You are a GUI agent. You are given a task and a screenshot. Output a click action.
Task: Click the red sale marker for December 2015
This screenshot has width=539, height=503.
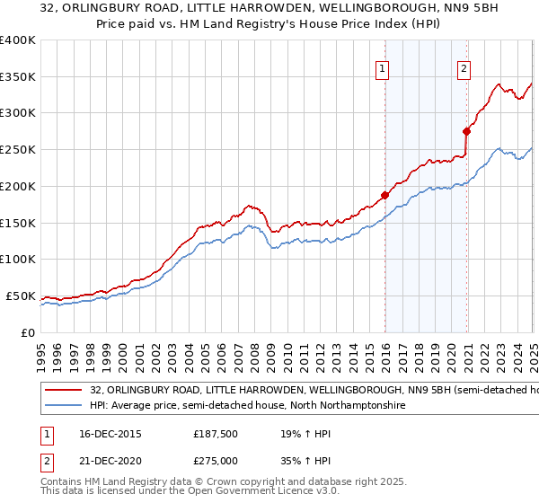click(384, 195)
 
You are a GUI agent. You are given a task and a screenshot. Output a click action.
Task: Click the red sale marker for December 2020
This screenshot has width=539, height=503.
click(467, 131)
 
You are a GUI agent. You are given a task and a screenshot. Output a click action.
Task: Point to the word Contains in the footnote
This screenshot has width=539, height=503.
click(63, 483)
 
